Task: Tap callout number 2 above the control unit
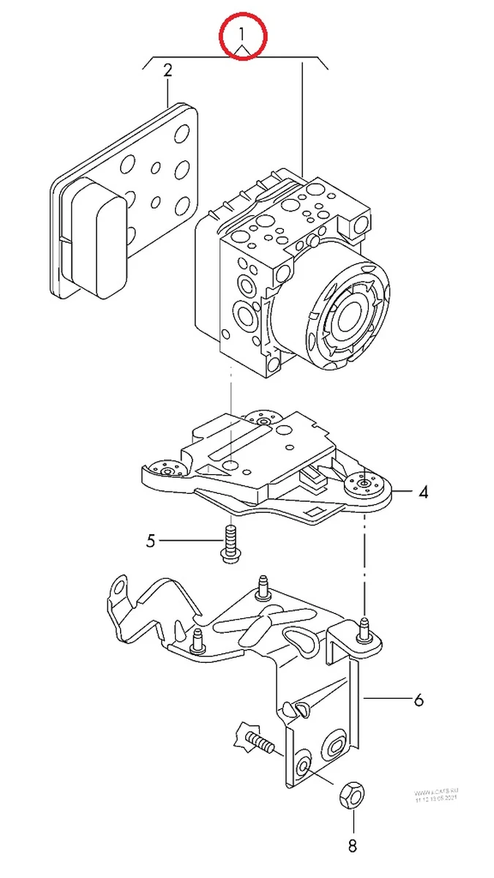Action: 168,71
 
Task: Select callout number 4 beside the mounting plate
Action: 423,492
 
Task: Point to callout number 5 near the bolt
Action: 151,541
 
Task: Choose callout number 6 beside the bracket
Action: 418,700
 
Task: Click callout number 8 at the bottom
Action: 352,847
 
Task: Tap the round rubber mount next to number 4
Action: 364,486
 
